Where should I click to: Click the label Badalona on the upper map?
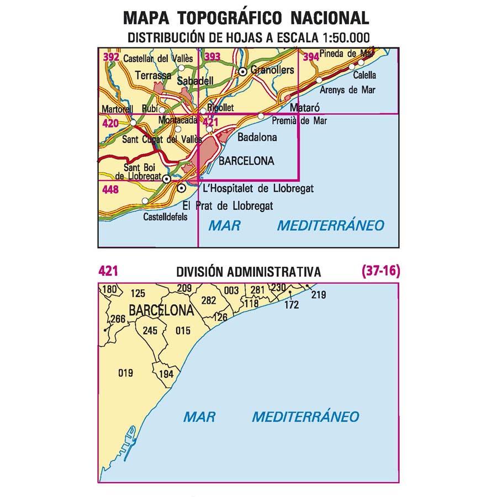(257, 137)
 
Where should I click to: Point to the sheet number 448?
(110, 189)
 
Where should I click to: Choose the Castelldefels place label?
(165, 217)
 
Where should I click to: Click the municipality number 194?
(166, 374)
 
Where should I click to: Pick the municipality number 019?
(126, 373)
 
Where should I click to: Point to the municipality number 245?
(150, 331)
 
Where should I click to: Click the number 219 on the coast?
(319, 295)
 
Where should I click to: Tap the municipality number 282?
(209, 300)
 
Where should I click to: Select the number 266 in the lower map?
(118, 319)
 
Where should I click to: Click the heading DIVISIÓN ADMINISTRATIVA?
(248, 272)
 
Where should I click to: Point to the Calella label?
(364, 76)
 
